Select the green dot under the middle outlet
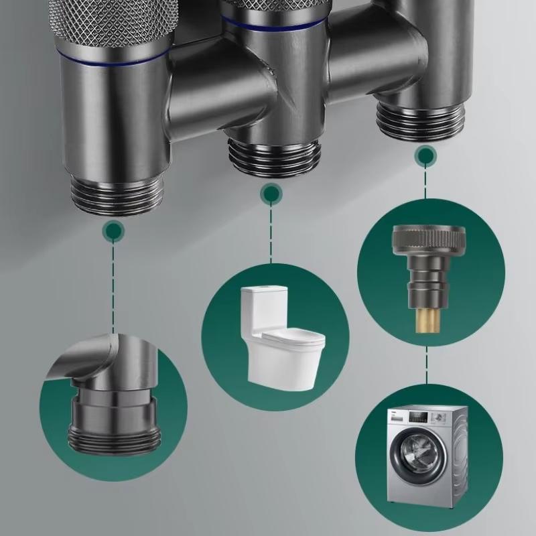point(271,195)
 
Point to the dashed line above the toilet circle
point(271,234)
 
